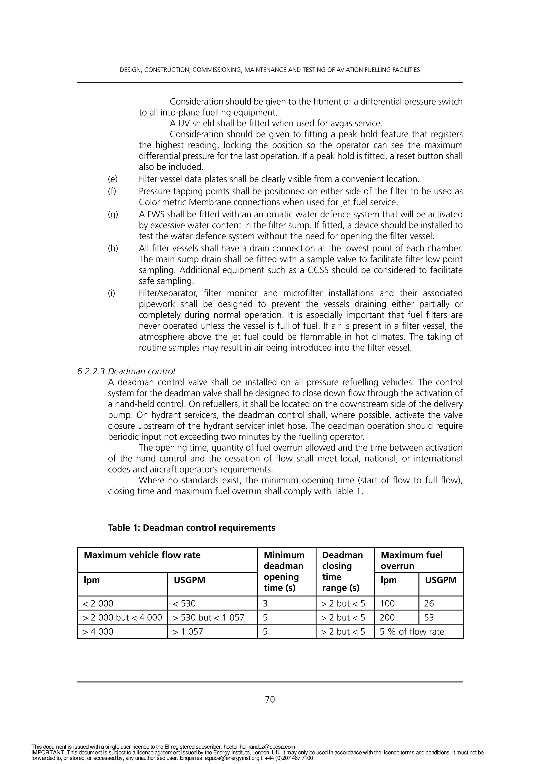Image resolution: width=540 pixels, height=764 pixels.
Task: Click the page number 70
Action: click(270, 699)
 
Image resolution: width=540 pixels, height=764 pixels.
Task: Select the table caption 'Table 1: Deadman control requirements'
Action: click(191, 528)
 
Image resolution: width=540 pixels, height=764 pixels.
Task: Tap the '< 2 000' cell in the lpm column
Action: click(98, 603)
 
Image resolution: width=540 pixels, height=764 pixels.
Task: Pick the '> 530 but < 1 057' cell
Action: click(209, 618)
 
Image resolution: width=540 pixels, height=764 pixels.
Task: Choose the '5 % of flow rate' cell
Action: click(412, 632)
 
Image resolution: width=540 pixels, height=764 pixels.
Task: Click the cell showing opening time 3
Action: click(265, 603)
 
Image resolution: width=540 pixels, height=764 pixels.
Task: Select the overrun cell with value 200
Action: click(387, 618)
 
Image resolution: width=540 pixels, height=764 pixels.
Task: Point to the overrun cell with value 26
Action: click(429, 603)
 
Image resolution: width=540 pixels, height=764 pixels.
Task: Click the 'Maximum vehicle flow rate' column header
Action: click(142, 555)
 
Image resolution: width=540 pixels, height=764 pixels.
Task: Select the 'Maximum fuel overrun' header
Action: click(411, 560)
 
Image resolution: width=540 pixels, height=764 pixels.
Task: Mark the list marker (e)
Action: click(113, 179)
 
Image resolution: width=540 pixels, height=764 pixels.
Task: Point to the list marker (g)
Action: click(113, 215)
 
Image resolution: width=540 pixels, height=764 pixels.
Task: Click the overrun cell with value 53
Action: click(429, 618)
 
